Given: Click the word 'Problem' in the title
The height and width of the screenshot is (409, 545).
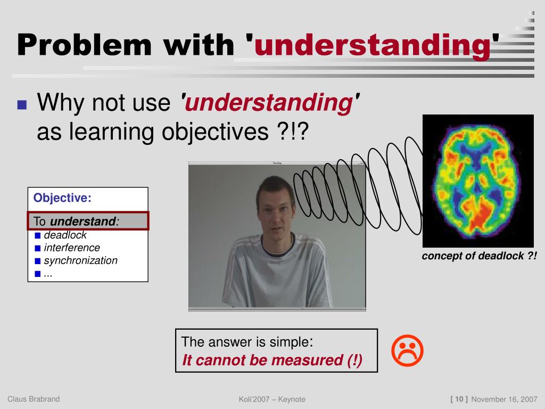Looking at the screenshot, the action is click(85, 45).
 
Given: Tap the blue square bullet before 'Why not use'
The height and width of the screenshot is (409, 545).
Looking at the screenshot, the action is click(22, 105).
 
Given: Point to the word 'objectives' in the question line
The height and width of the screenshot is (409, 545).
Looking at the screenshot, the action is click(215, 132).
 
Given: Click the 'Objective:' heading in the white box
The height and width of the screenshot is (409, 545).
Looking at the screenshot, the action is click(62, 198).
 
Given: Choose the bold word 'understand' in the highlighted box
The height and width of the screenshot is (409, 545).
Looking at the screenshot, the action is click(82, 221).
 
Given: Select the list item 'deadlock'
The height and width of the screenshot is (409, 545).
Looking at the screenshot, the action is click(65, 235).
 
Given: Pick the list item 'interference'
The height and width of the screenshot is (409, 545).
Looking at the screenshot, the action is click(72, 248).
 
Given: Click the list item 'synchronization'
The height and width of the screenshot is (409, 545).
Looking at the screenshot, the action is click(81, 260).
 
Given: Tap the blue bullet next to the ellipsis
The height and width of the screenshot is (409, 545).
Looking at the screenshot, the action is click(38, 274).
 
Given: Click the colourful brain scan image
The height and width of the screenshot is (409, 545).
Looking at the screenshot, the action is click(478, 181).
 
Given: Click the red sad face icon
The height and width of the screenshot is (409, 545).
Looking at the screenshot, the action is click(407, 350).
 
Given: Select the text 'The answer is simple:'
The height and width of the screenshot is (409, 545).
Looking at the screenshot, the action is click(247, 342).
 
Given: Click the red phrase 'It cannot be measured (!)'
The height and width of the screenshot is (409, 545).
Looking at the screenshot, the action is click(272, 360).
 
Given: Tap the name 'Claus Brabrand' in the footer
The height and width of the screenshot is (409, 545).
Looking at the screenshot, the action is click(34, 399).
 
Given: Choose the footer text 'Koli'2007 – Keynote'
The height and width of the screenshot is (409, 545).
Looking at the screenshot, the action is click(272, 399).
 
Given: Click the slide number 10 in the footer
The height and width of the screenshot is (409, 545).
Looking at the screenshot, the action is click(459, 399).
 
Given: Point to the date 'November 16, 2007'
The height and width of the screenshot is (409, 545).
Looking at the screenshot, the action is click(505, 399).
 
